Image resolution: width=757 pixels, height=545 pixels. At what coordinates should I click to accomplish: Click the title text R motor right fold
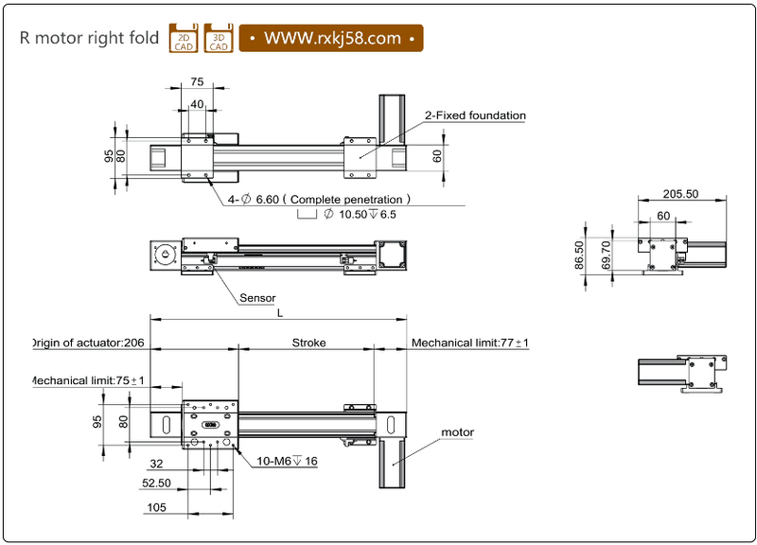89,39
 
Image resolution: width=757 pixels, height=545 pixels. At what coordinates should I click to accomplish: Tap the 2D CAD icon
183,38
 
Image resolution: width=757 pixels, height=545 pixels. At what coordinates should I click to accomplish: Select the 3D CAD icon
219,38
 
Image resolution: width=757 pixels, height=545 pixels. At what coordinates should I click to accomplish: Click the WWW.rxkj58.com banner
330,38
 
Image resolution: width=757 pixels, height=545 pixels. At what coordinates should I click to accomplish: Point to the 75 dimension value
197,82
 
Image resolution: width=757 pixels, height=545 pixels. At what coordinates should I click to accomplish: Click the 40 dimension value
197,104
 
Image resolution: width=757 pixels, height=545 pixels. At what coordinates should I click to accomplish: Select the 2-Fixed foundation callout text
474,115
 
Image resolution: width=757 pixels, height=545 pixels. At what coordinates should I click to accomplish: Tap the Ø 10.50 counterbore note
360,215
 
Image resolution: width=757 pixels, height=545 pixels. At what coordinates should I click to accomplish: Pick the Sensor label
257,298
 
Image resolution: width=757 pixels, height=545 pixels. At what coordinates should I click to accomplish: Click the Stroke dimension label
308,343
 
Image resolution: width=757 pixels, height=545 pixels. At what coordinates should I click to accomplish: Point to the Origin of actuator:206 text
87,343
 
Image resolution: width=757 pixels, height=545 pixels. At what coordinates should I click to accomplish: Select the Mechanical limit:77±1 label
469,343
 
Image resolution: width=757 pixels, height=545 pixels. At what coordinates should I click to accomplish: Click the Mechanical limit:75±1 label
87,380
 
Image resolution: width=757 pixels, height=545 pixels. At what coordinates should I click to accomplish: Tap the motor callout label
458,432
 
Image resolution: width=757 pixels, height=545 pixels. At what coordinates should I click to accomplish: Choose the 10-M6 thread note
288,462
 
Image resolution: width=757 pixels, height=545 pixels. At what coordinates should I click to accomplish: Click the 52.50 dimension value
155,483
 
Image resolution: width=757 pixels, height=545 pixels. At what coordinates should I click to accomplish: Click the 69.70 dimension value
606,255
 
